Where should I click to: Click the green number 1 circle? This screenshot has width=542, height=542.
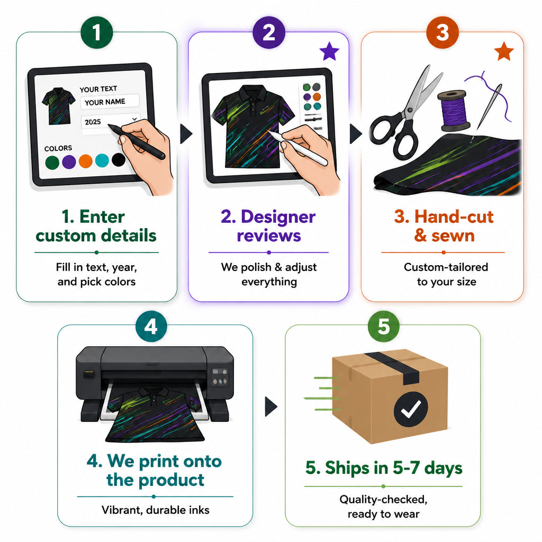97,32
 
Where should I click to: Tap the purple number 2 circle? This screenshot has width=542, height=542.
269,32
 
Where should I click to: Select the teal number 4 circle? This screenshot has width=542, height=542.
151,326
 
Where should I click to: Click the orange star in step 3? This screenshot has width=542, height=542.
504,51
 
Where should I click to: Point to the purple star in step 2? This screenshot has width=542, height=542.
329,51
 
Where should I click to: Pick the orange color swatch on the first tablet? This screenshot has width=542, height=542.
85,161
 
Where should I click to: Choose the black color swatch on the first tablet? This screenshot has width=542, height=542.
119,160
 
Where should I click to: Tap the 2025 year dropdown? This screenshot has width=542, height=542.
111,121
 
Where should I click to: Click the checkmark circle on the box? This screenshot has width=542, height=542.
411,409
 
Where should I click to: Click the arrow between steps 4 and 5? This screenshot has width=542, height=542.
270,406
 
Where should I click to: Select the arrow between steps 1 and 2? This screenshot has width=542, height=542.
186,134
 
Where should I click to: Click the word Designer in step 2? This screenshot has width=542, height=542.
278,217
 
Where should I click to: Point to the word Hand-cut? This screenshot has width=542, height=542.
454,216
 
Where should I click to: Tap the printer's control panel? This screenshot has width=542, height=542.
220,377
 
